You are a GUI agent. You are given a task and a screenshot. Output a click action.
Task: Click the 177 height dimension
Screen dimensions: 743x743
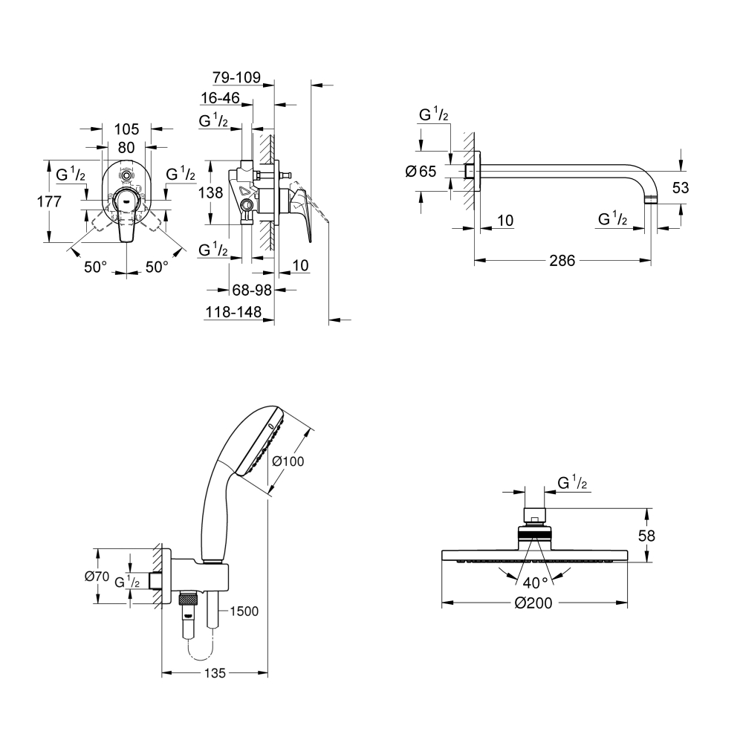click(49, 201)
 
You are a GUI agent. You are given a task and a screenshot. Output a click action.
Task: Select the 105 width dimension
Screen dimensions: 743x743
click(126, 129)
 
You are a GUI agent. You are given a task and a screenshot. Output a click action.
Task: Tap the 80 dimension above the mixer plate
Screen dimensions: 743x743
click(126, 148)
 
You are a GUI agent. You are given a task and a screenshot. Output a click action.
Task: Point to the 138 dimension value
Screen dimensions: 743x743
click(211, 192)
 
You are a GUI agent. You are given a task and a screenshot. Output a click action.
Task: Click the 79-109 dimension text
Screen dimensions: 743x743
click(236, 77)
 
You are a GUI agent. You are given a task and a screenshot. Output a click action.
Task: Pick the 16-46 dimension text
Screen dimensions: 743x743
click(221, 97)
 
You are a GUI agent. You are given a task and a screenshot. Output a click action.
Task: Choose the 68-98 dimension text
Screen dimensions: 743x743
click(252, 290)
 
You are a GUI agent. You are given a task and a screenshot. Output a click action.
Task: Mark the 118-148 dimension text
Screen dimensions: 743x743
click(233, 312)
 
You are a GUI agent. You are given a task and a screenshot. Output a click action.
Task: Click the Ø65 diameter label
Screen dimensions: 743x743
click(421, 171)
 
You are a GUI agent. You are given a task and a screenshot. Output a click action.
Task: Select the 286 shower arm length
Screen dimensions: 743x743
click(562, 260)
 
